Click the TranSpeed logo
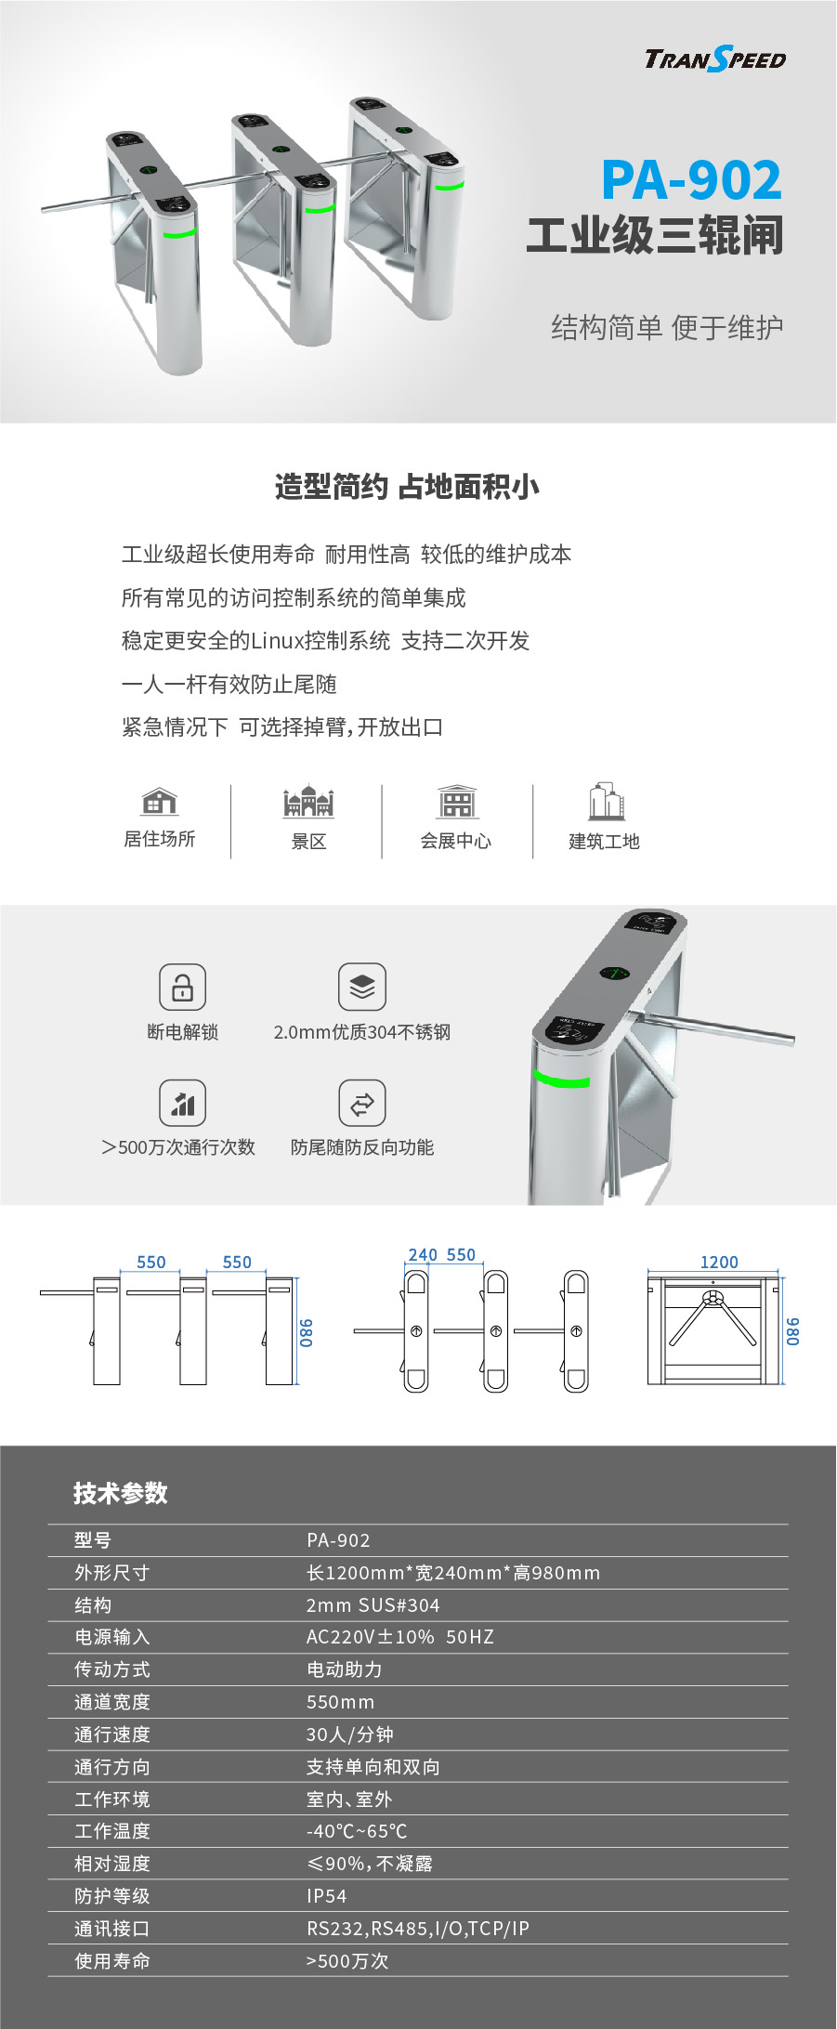(x=715, y=59)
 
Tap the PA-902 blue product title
(x=691, y=179)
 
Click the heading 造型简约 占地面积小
(x=407, y=487)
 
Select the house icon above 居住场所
(x=160, y=801)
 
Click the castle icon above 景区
(x=308, y=801)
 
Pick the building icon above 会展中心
(x=457, y=801)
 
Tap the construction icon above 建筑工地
(x=606, y=801)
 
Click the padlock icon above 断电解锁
(x=182, y=987)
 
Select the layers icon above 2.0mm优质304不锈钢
(x=361, y=987)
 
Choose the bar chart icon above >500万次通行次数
(x=182, y=1103)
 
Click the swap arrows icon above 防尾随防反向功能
(x=361, y=1103)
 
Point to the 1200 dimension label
(x=719, y=1262)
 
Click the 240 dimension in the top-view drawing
(x=423, y=1255)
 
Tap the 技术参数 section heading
(x=121, y=1493)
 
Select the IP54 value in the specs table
(x=327, y=1896)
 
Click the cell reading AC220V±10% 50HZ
(x=400, y=1637)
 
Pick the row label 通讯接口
(x=112, y=1929)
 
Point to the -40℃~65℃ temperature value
(x=357, y=1831)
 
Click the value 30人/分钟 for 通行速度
(x=350, y=1734)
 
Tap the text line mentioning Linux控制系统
(x=325, y=641)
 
